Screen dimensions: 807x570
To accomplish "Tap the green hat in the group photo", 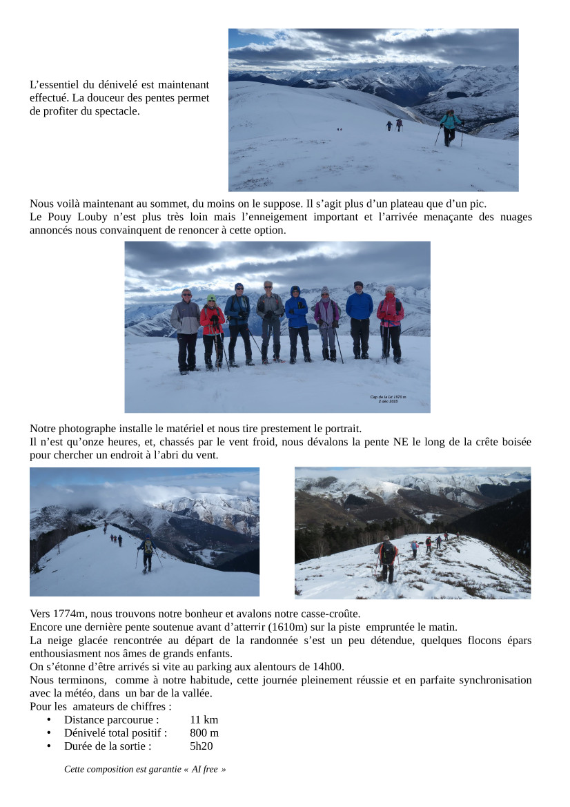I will (211, 298).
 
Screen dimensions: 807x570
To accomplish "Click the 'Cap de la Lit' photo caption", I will (388, 398).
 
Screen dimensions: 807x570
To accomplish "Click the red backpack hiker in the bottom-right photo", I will (387, 558).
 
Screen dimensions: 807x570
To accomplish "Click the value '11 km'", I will (204, 720).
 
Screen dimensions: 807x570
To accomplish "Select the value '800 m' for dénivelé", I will (204, 733).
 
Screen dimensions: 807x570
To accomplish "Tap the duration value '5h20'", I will (202, 746).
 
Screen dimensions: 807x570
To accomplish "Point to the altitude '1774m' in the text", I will (70, 614).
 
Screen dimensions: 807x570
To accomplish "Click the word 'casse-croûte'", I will (331, 614).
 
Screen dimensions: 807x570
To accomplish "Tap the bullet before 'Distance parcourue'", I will (49, 720).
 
